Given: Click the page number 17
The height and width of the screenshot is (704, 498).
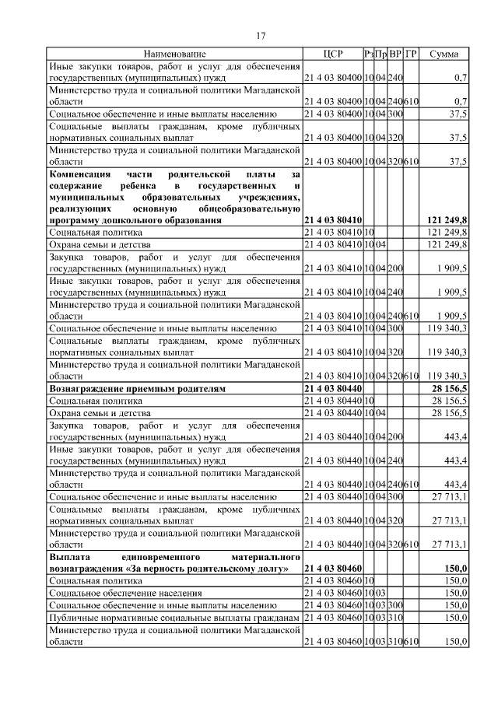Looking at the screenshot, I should point(261,34).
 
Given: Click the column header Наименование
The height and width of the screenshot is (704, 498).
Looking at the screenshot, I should point(174,54).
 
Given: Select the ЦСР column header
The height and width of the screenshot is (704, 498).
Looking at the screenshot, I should point(332,54).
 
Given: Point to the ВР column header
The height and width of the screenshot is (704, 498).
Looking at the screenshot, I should point(395,54).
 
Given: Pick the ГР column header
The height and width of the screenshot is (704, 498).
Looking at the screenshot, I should point(412,54).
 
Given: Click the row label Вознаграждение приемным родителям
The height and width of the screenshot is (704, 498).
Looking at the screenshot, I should point(137,387).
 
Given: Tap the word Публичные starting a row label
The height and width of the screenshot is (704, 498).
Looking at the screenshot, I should point(74,617).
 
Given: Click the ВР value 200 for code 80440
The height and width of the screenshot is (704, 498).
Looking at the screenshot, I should point(395,438).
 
